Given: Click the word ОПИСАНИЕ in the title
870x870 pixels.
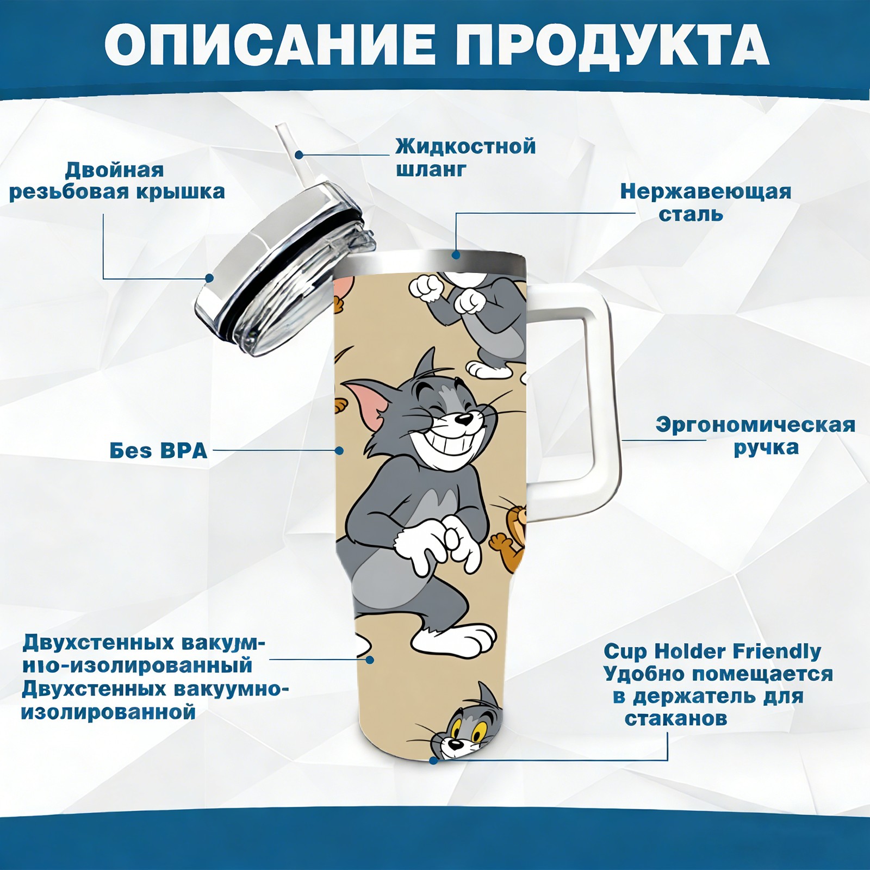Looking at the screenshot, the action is pos(270,45).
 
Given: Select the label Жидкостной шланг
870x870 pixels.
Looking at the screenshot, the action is pos(465,157).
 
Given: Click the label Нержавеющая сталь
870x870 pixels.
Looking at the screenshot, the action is pos(706,202).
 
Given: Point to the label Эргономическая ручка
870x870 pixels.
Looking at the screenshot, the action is pos(755,436).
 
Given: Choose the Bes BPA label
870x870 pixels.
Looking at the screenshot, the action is pos(159,451).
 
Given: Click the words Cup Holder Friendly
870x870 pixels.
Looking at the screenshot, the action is pos(712,651).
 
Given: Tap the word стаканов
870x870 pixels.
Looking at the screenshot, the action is pos(676,719).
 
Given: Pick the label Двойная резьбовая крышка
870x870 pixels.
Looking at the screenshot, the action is pos(117,181).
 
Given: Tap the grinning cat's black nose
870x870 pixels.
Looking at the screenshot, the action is pos(463,420).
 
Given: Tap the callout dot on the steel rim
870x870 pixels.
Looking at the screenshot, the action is pos(456,254).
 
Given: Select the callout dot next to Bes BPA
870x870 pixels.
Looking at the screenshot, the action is pos(339,451).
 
